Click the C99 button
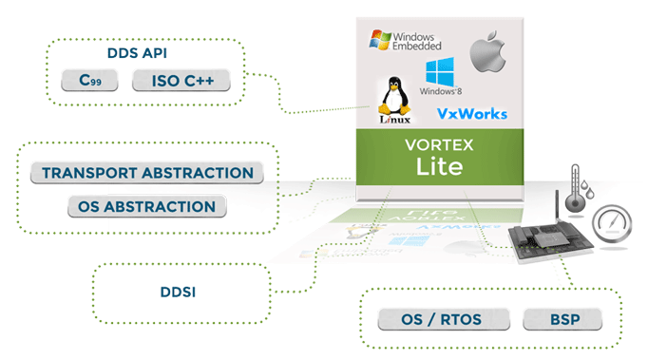88,81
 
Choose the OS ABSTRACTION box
146,206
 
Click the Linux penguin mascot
391,95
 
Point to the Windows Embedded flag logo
380,41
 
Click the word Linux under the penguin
391,119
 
